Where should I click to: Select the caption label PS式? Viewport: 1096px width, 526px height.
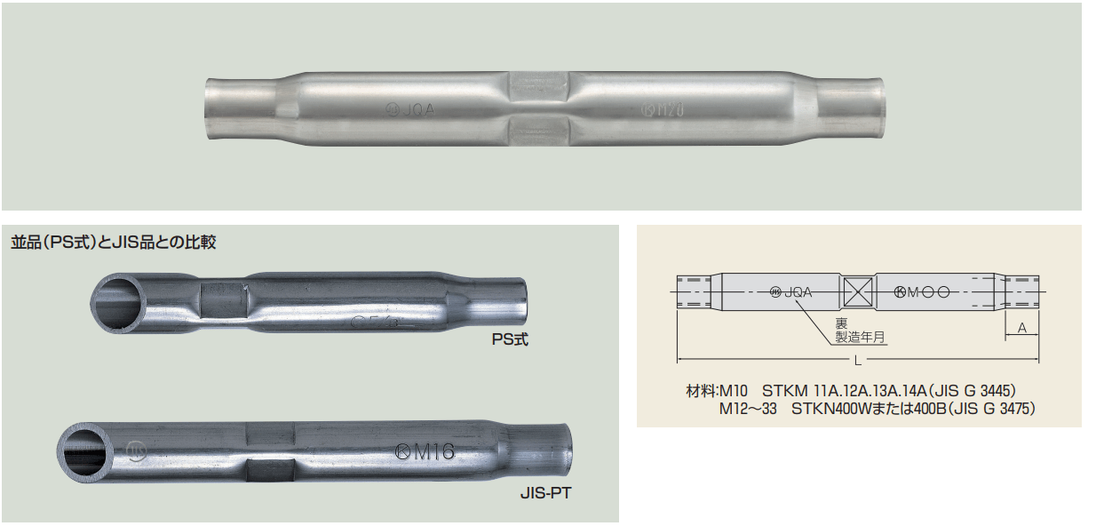pyautogui.click(x=510, y=339)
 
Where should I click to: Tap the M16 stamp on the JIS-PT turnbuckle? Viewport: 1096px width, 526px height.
pyautogui.click(x=425, y=452)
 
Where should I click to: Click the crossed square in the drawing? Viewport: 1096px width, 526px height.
pyautogui.click(x=857, y=291)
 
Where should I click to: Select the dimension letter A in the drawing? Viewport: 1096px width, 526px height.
pyautogui.click(x=1022, y=328)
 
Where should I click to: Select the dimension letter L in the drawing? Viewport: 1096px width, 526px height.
pyautogui.click(x=856, y=360)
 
